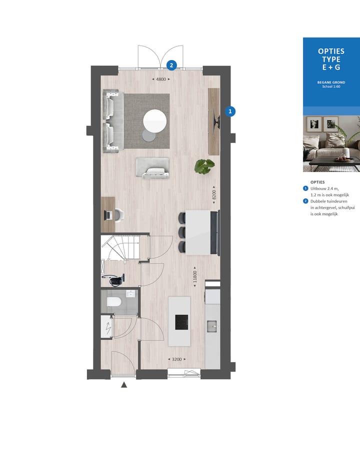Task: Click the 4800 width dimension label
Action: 160,79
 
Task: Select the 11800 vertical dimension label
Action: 195,276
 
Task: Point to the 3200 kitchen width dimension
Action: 176,359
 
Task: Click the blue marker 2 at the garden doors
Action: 171,64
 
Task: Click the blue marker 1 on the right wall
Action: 230,111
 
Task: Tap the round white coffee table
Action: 154,121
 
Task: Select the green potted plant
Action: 204,166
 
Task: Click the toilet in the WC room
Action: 114,301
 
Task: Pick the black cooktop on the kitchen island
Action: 181,322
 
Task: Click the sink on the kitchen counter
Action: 212,326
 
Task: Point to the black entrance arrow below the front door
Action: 124,384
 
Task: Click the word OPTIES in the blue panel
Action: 331,51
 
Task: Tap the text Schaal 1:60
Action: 331,87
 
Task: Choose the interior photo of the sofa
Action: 331,143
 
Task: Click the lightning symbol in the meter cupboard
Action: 107,328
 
